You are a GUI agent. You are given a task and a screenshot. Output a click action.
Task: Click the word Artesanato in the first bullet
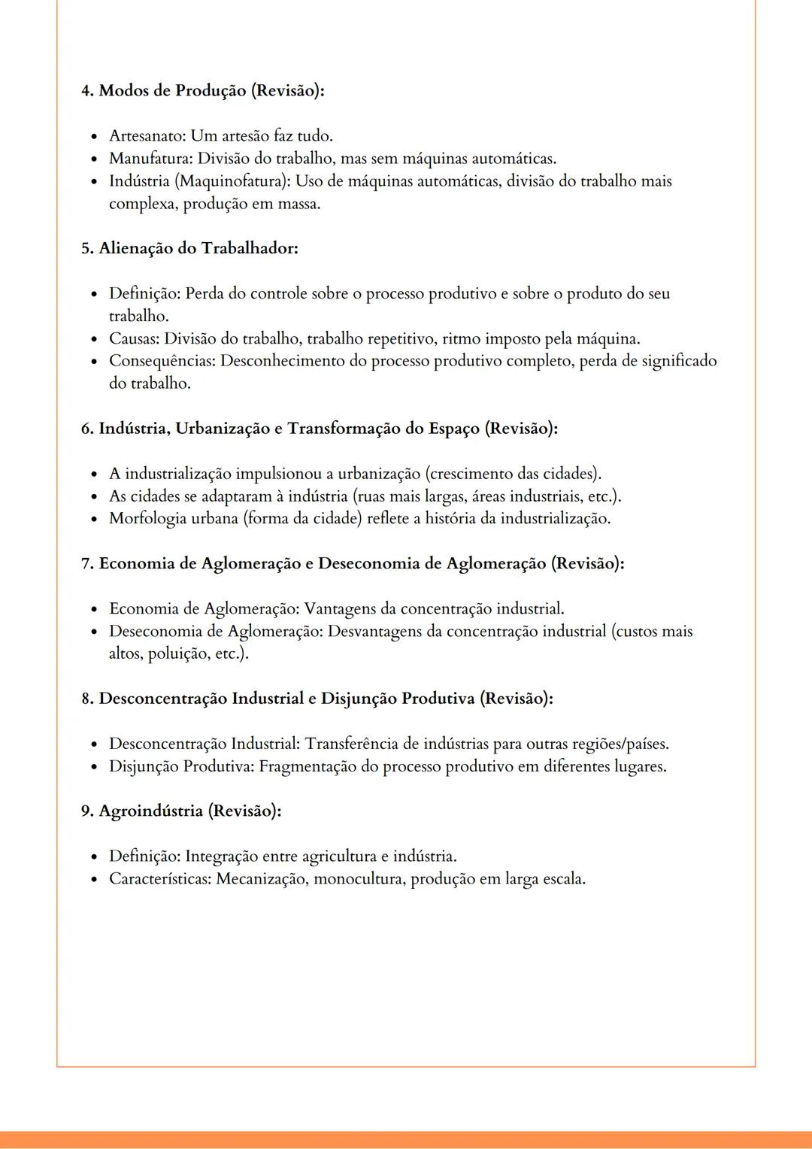pos(147,136)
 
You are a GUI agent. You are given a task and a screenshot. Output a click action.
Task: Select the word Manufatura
pos(150,159)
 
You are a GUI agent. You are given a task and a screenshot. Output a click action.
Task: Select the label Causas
pos(134,338)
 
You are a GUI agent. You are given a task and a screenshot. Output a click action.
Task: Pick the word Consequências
pos(162,361)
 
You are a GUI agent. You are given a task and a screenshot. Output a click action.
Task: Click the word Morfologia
pos(147,519)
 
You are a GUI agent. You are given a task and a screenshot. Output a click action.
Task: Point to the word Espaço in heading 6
pos(453,429)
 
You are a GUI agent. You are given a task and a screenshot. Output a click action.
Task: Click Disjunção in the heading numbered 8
pos(359,699)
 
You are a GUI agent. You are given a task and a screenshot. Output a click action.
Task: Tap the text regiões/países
pos(620,744)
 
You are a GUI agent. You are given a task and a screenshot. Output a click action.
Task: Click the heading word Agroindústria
pos(150,811)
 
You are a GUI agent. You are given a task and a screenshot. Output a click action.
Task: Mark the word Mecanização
pos(261,878)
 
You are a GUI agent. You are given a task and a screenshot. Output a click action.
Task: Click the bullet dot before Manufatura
pos(94,159)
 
